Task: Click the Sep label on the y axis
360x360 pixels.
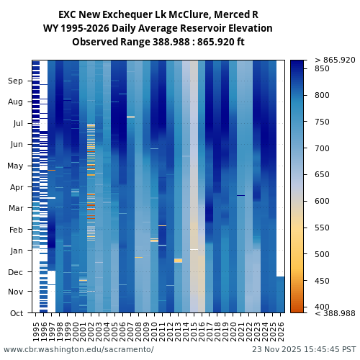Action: point(16,81)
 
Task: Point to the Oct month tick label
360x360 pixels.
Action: point(16,313)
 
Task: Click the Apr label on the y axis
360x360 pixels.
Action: point(16,187)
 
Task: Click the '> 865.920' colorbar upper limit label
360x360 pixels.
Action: point(335,60)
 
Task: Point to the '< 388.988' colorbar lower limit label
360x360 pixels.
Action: point(335,313)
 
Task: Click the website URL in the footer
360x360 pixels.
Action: point(78,349)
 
